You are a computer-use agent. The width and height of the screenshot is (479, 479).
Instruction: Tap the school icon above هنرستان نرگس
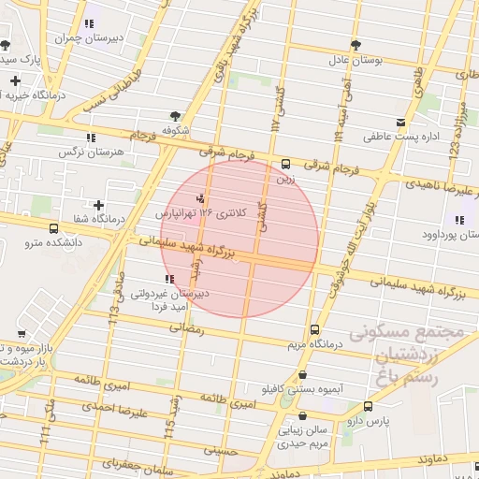91,138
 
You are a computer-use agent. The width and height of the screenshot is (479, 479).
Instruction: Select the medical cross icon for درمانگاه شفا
99,205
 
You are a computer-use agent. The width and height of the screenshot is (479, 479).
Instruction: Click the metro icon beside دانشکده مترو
52,227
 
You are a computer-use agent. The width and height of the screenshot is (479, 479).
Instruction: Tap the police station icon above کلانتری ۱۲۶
200,198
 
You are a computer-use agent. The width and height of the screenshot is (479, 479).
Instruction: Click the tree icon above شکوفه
176,114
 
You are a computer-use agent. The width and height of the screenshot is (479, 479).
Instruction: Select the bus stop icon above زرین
285,164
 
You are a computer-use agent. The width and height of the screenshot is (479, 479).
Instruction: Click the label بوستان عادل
356,60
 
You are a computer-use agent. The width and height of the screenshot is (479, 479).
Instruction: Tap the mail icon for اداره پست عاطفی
400,123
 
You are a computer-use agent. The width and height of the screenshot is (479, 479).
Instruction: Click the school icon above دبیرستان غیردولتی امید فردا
168,279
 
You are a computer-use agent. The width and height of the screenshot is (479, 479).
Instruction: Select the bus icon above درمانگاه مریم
314,329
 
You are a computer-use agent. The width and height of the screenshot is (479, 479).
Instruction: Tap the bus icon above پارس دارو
368,406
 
